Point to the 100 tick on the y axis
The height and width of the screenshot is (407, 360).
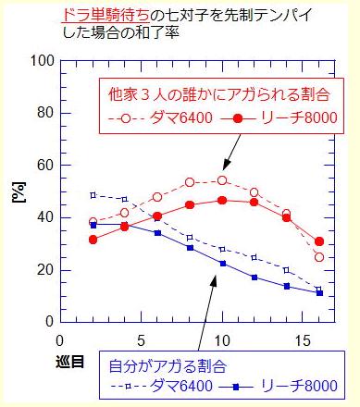(x=41, y=61)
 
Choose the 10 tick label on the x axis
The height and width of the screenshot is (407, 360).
(x=222, y=339)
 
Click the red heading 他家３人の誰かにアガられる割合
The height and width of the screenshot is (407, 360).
(x=220, y=94)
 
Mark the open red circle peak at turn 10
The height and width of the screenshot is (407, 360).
(x=222, y=179)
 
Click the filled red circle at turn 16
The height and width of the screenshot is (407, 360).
(x=319, y=241)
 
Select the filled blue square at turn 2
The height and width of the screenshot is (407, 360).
(x=93, y=225)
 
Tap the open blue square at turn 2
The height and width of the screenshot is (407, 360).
(x=93, y=195)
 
